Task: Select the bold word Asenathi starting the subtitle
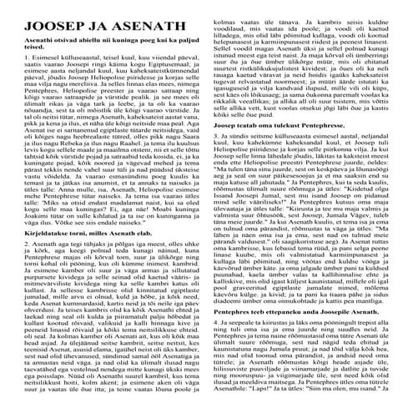tap(25, 38)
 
